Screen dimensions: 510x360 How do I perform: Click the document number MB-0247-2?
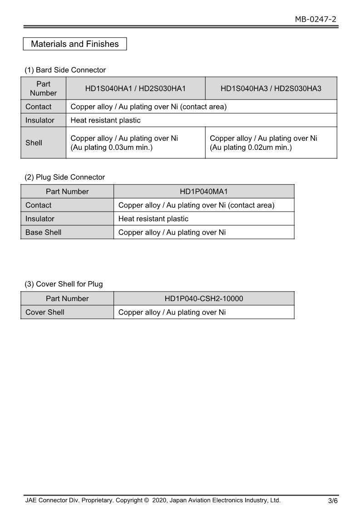click(316, 19)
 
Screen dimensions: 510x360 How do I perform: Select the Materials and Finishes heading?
click(75, 44)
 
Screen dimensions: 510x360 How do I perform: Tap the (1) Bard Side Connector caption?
click(65, 70)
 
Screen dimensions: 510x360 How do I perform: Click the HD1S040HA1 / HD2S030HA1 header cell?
click(135, 89)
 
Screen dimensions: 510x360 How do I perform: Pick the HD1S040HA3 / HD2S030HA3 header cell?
click(271, 89)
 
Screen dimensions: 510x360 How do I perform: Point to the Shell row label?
click(34, 143)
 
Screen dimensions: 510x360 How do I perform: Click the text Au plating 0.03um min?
click(112, 148)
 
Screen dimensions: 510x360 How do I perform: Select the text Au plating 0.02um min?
click(251, 148)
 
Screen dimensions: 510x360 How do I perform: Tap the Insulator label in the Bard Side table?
click(40, 120)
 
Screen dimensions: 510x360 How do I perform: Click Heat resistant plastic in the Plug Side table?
click(153, 219)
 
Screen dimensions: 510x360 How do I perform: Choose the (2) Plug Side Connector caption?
click(64, 177)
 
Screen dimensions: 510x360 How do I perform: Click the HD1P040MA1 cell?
click(204, 192)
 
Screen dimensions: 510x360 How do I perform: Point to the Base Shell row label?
click(43, 233)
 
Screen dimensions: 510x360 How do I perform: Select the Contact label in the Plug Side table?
click(39, 205)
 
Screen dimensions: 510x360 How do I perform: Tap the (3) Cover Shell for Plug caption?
click(64, 284)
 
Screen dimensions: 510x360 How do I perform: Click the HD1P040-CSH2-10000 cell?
click(204, 299)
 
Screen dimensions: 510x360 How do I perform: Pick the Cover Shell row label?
click(45, 312)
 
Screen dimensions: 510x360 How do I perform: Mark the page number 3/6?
click(333, 501)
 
